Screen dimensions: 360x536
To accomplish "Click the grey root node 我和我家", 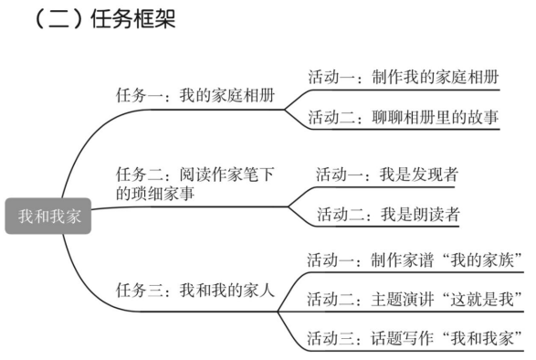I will click(48, 216).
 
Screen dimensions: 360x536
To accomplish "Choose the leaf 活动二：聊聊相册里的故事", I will click(403, 117).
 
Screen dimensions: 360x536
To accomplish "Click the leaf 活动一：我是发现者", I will click(387, 175).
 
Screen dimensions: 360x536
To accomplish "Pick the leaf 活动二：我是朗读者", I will click(387, 216).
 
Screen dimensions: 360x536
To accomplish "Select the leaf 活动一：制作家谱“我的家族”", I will click(415, 259).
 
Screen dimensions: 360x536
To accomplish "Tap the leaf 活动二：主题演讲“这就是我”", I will click(415, 299).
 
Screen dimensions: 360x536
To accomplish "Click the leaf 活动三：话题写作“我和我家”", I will click(415, 337).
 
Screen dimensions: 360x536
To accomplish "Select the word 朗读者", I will click(435, 216).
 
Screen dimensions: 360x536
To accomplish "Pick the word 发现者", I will click(435, 175).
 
